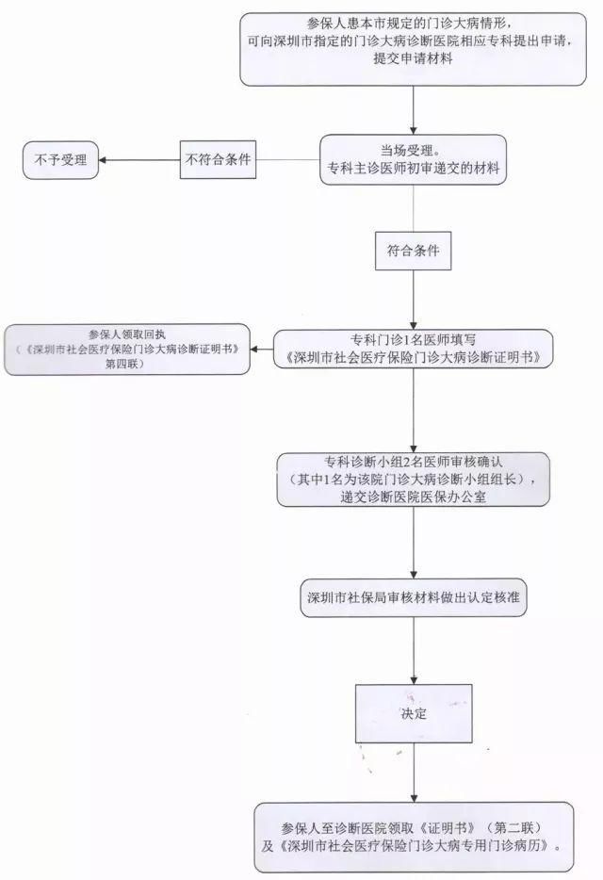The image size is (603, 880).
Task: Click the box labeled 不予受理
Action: [60, 160]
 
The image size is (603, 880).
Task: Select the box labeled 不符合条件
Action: [219, 159]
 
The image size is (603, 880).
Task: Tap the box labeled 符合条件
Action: [413, 253]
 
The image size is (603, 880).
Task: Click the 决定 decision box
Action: [413, 713]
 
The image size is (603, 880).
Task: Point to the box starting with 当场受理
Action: [413, 160]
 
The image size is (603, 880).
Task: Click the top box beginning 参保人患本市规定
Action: [413, 48]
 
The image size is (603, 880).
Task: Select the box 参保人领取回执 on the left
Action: [127, 348]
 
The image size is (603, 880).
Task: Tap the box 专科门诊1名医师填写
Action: [413, 348]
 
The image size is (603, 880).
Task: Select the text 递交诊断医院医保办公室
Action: [413, 496]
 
